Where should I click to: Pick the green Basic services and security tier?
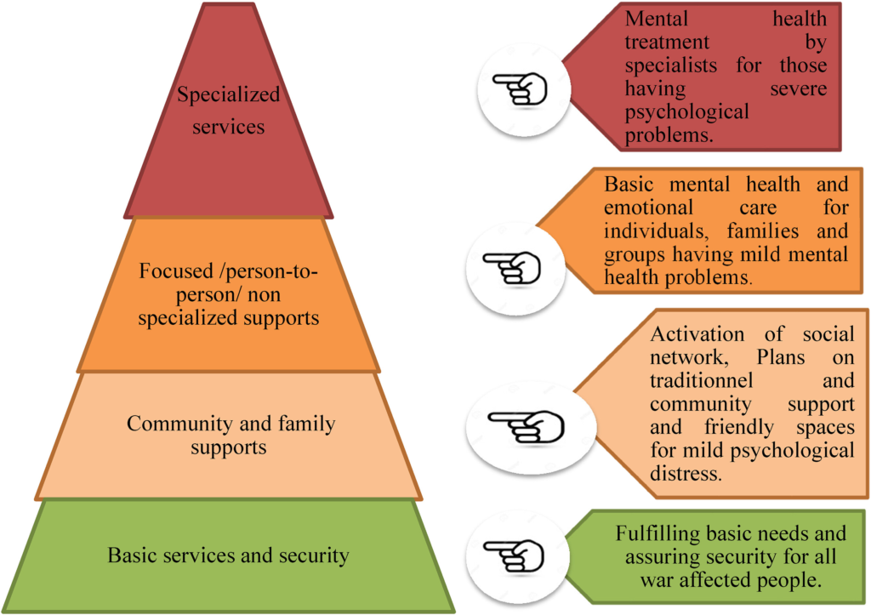(228, 555)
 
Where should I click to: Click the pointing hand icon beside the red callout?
(521, 89)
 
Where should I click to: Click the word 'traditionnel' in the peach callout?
(697, 380)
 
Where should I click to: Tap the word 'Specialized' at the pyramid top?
(228, 94)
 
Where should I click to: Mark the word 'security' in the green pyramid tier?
(315, 555)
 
